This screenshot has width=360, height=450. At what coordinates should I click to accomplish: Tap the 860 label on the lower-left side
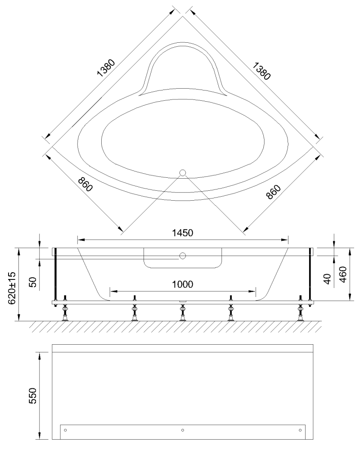coord(85,184)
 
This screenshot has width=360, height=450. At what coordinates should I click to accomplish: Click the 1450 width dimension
coord(182,233)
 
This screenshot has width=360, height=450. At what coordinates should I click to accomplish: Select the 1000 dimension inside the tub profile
coord(182,284)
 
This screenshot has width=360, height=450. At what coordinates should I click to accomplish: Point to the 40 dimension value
coord(328,279)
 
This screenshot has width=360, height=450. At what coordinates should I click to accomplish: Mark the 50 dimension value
coord(32,283)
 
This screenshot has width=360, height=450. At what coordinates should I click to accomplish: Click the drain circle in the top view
coord(182,173)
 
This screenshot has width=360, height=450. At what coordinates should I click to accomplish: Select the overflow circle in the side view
coord(182,256)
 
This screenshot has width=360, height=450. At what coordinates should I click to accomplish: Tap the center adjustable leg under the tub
coord(182,310)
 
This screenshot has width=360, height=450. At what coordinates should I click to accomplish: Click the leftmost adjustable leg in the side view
coord(65,310)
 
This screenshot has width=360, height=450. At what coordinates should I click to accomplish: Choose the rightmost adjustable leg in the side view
coord(300,310)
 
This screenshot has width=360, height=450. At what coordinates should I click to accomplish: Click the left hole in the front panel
coord(66,431)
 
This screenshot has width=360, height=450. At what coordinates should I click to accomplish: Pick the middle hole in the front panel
coord(182,431)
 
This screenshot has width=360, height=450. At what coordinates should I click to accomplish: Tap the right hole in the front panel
coord(299,431)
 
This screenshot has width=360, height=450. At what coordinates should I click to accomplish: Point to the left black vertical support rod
coord(55,274)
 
